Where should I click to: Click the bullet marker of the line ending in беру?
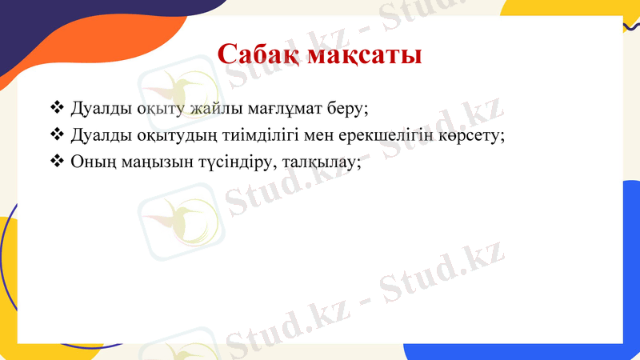pos(56,106)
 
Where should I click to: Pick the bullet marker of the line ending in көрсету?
pos(56,134)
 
